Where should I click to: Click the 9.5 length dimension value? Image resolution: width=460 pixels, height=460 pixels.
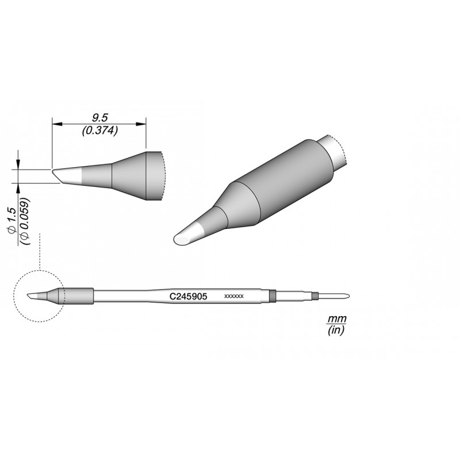(99, 118)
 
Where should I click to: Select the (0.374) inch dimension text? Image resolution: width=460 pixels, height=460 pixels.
(100, 131)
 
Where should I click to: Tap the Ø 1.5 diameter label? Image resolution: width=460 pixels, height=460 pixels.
(11, 221)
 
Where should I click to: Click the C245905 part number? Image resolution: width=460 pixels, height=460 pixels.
(189, 297)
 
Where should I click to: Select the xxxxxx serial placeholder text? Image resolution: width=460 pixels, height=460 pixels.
(234, 296)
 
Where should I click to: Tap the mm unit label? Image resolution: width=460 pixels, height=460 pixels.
(337, 319)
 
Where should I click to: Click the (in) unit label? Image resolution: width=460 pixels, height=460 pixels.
(336, 330)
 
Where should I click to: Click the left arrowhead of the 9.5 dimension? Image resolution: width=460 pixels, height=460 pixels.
(57, 124)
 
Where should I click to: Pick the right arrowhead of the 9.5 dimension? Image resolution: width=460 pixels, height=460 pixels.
(141, 124)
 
